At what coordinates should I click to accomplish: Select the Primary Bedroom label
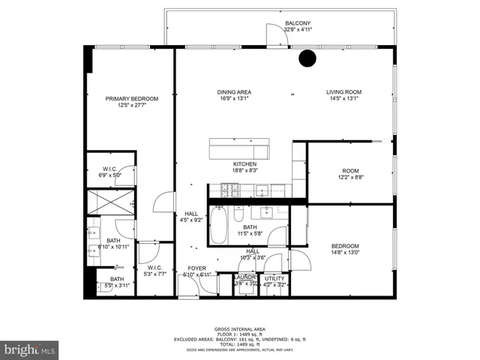(x=132, y=98)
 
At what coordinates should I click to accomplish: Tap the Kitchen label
(x=244, y=164)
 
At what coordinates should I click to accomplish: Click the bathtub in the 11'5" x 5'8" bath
(x=219, y=225)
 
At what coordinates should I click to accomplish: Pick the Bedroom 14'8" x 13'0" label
(x=345, y=246)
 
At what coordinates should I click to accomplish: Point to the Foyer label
(x=196, y=268)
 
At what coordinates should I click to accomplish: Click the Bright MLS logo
(x=30, y=349)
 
